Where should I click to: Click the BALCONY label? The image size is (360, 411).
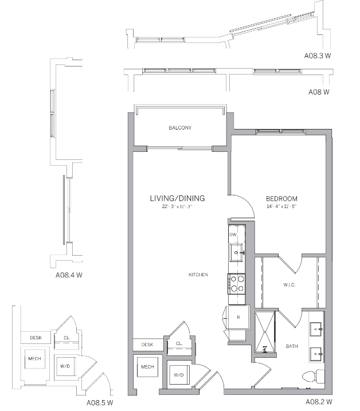point(179,127)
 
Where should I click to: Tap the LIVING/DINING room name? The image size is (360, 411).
point(177,198)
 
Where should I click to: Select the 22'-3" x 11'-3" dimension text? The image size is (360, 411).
point(177,206)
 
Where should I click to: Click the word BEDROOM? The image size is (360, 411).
point(281,199)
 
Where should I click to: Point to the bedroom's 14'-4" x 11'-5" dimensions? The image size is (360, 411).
point(281,206)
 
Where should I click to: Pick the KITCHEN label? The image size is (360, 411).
point(198,275)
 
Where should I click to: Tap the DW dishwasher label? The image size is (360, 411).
point(233,235)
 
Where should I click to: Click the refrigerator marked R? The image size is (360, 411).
point(237,316)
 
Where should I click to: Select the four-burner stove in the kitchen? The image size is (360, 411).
point(237,283)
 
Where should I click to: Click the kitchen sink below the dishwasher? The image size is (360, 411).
point(237,250)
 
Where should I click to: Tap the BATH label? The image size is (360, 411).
point(292,346)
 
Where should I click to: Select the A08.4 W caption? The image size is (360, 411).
point(69,275)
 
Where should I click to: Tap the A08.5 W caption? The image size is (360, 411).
point(100,403)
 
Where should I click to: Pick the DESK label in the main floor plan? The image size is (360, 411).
point(147,345)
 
